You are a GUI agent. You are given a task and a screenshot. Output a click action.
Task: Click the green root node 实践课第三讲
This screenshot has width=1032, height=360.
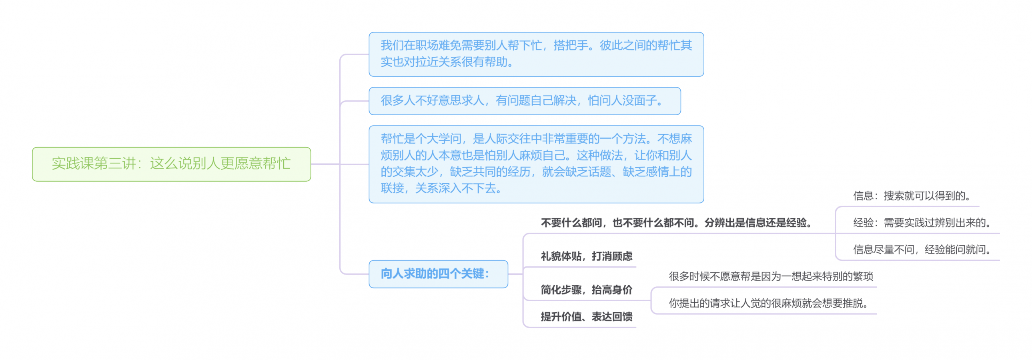click(x=171, y=164)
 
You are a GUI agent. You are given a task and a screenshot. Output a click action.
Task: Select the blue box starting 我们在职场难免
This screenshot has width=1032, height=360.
click(x=536, y=54)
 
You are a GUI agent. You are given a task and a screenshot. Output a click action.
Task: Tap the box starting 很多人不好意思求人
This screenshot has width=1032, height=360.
click(x=524, y=100)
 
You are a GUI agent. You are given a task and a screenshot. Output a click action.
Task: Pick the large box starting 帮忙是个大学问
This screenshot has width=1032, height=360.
click(x=536, y=164)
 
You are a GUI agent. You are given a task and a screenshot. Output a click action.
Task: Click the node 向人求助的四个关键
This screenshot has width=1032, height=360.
click(x=438, y=274)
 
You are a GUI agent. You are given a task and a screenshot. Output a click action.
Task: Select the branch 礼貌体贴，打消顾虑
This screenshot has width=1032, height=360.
click(x=586, y=256)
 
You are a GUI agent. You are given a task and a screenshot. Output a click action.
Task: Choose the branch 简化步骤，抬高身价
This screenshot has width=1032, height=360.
click(x=586, y=290)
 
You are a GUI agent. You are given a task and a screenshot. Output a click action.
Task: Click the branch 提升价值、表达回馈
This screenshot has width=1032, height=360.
click(x=586, y=317)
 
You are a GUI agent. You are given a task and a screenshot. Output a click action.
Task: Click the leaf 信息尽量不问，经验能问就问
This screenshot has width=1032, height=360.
click(x=922, y=250)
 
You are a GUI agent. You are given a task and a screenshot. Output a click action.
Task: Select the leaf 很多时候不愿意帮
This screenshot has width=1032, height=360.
click(x=770, y=276)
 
